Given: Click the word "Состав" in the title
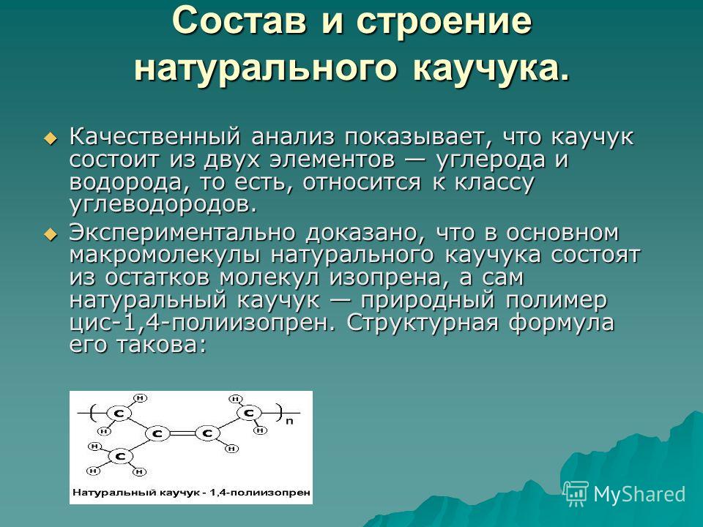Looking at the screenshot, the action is (241, 20).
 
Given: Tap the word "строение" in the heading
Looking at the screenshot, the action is (444, 20).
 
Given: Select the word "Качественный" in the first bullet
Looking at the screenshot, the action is (155, 137).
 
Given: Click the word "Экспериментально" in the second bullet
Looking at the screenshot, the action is (187, 233).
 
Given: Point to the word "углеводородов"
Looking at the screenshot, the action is (163, 205).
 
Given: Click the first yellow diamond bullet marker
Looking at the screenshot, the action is (51, 138).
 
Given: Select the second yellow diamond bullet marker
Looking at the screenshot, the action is (51, 233).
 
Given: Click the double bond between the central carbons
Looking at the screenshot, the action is (182, 434).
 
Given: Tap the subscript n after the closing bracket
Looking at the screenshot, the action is (289, 421).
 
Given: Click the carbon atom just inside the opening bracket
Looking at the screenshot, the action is (119, 413).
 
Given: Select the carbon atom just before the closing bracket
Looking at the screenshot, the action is (250, 413).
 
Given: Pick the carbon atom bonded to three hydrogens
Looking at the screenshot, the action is (120, 457).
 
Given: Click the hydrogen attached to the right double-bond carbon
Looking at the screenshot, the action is (232, 448).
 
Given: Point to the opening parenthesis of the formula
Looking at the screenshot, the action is (92, 412).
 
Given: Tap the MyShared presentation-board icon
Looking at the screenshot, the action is (576, 494).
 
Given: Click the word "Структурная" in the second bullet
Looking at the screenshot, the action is (423, 323).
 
